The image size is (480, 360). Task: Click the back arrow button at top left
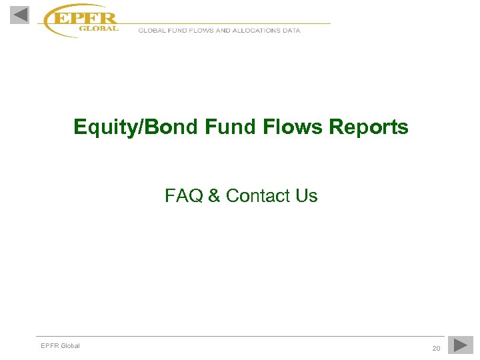[x=19, y=14]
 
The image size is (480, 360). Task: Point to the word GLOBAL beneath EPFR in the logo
[x=99, y=29]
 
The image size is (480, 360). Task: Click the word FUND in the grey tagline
[x=176, y=31]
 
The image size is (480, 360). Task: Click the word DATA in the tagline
[x=291, y=31]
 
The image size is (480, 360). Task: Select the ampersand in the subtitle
[x=214, y=196]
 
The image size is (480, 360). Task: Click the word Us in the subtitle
[x=307, y=196]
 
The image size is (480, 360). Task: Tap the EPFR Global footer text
[x=60, y=345]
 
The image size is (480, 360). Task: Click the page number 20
[x=436, y=349]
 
